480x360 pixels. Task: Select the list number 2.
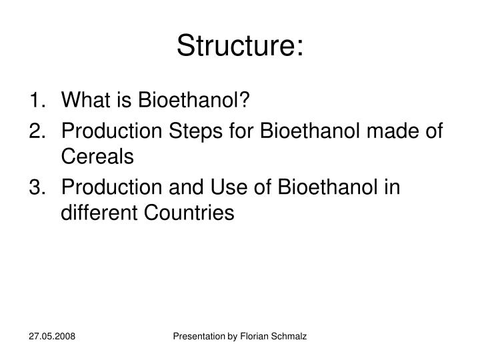coord(38,132)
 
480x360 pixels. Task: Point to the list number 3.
coord(38,188)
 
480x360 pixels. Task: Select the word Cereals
coord(97,157)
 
